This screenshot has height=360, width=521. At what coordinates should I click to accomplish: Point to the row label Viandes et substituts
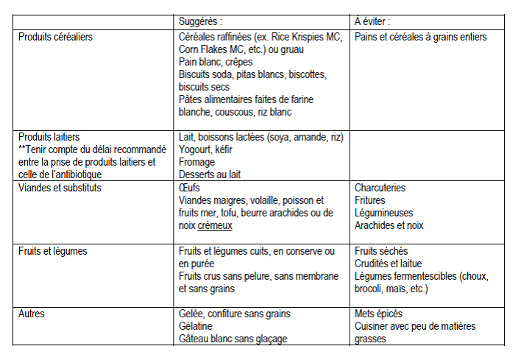[60, 188]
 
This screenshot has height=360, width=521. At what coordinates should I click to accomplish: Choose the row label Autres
[32, 314]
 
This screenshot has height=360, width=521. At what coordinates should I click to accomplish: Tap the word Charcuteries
[380, 188]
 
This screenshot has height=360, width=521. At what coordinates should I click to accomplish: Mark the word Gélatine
[196, 326]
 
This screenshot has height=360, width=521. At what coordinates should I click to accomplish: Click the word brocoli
[371, 289]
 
